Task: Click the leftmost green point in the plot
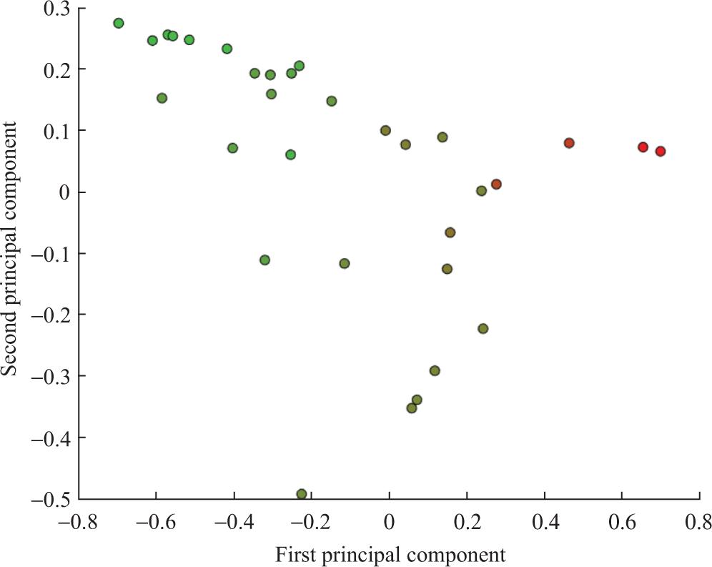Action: [x=119, y=24]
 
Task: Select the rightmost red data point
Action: [x=661, y=152]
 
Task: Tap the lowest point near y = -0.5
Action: [x=302, y=494]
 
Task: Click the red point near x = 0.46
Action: [x=569, y=143]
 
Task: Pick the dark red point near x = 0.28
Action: [x=496, y=184]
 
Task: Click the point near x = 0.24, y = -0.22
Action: [x=483, y=329]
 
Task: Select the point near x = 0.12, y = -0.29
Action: [x=435, y=371]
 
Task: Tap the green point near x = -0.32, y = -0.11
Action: [x=264, y=260]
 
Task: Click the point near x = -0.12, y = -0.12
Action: [x=345, y=264]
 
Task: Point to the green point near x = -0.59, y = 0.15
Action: [x=162, y=98]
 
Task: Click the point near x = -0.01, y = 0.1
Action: [x=385, y=131]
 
